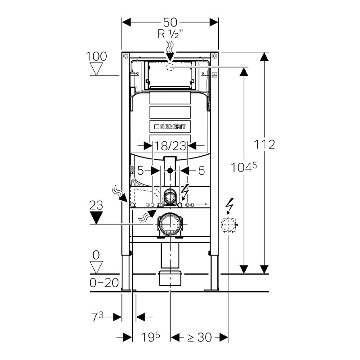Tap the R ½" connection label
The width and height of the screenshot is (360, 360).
point(170,34)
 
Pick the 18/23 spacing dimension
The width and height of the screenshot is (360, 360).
point(170,145)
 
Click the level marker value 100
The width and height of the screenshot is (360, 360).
point(97,56)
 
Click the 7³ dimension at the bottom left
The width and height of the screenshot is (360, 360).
point(97,317)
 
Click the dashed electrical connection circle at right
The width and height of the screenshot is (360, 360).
point(229,224)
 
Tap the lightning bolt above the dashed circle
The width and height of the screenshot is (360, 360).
point(229,206)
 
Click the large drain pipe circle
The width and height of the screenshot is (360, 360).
point(170,224)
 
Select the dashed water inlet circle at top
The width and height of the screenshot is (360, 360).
point(170,67)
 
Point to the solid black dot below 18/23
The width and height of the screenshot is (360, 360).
point(170,171)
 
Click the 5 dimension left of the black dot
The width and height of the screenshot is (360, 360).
point(140,171)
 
